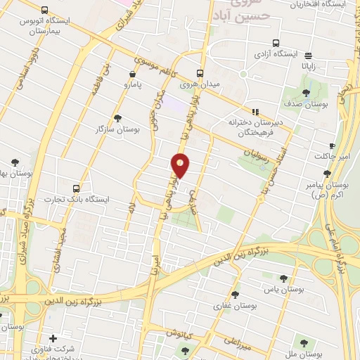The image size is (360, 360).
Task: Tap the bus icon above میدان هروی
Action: click(x=200, y=72)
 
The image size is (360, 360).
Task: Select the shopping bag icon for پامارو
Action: click(x=133, y=73)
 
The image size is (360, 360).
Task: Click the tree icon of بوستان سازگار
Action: click(x=117, y=117)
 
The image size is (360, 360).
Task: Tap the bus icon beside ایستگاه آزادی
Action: click(x=276, y=42)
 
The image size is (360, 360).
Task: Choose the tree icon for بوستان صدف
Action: click(x=306, y=91)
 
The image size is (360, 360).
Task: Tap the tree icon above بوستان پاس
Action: click(x=283, y=278)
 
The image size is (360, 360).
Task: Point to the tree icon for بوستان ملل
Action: click(x=304, y=343)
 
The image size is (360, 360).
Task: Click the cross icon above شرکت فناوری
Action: click(x=53, y=338)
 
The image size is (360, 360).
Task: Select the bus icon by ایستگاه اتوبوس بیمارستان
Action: click(x=45, y=11)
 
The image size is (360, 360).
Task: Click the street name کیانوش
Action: click(x=179, y=330)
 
